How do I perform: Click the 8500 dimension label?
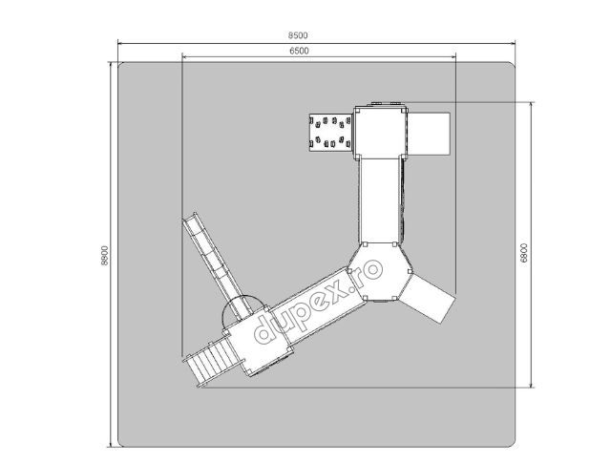click(298, 35)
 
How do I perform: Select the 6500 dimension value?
click(299, 51)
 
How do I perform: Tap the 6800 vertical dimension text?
click(524, 253)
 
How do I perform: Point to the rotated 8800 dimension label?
click(104, 256)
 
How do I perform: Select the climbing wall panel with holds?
click(331, 132)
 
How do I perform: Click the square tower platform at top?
click(381, 133)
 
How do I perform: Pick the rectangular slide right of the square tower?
click(429, 134)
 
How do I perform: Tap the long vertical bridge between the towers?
click(381, 200)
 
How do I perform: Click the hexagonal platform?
click(380, 271)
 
